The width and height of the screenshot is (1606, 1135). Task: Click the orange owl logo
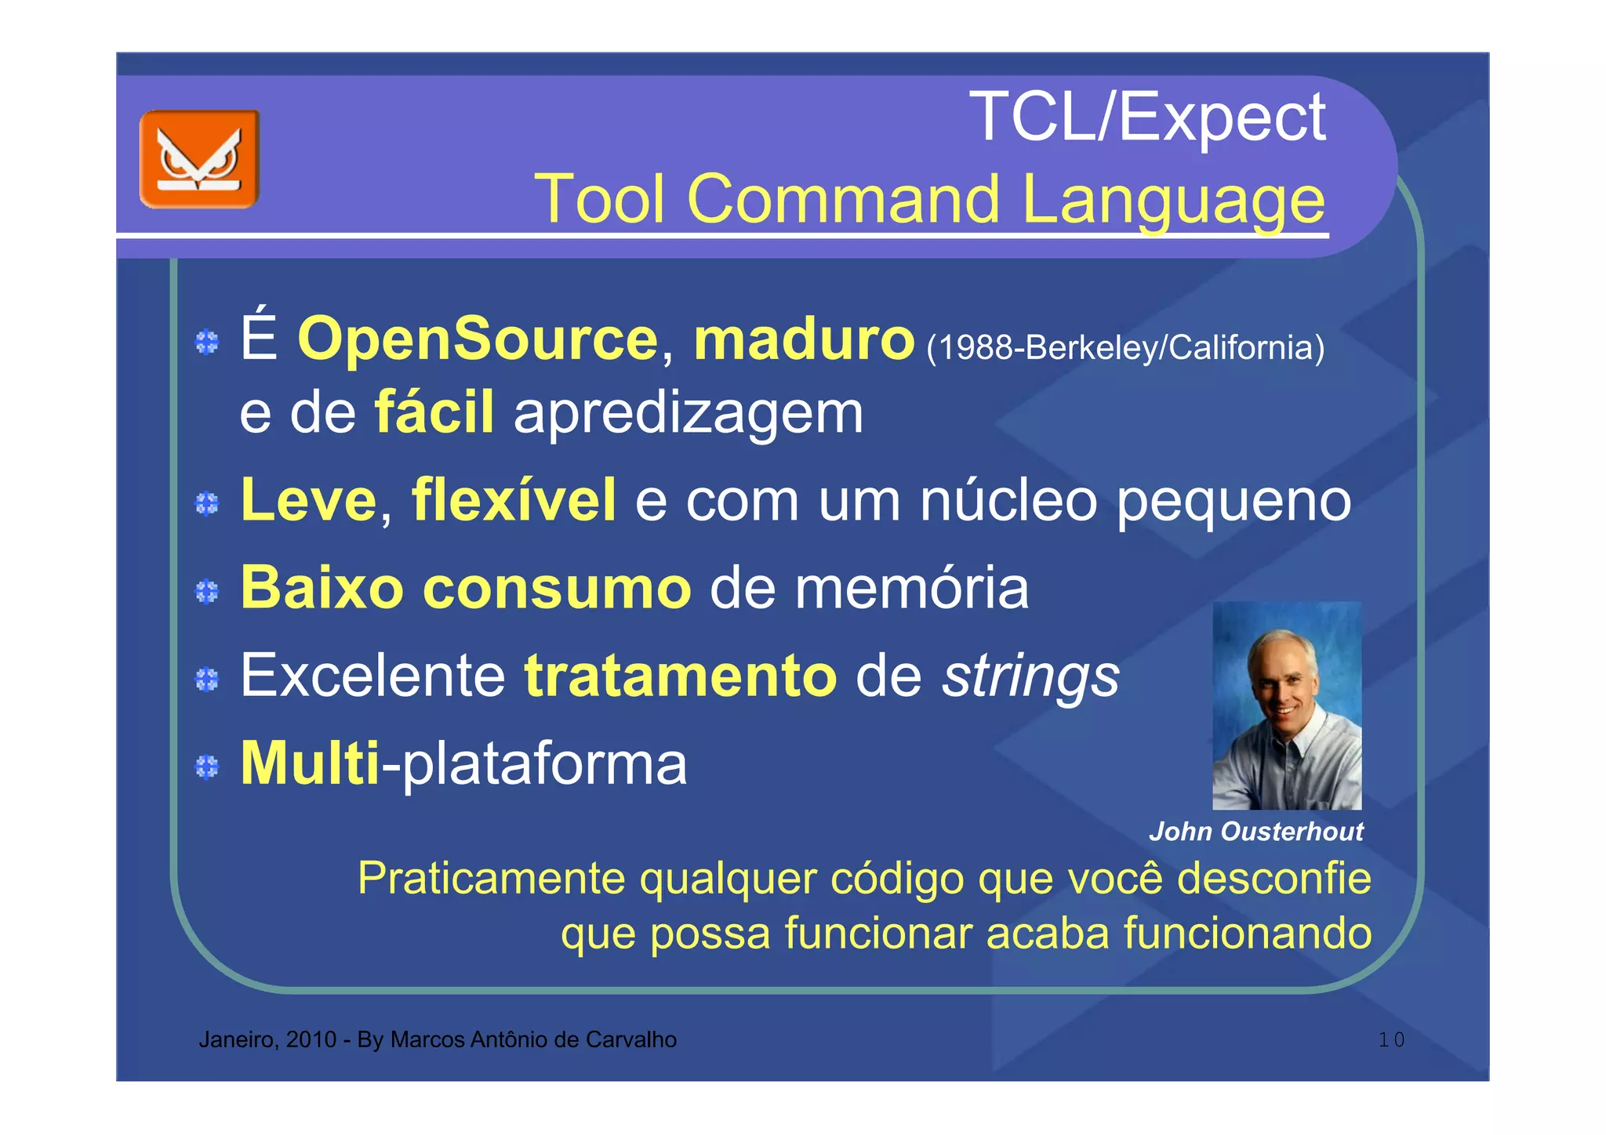click(199, 159)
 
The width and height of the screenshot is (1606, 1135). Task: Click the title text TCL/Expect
click(1147, 118)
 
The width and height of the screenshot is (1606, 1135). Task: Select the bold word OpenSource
click(478, 339)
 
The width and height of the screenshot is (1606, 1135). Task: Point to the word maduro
click(804, 339)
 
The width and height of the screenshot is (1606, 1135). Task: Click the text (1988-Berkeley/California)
click(1125, 347)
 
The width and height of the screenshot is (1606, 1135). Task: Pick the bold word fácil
click(434, 412)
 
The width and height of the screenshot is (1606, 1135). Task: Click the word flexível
click(514, 499)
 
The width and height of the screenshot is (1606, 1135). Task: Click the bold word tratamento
click(680, 676)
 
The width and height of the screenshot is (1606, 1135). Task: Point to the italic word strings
click(1030, 676)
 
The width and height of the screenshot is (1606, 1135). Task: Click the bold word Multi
click(310, 763)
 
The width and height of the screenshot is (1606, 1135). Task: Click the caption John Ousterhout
click(1255, 832)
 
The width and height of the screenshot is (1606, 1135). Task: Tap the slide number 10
click(1391, 1040)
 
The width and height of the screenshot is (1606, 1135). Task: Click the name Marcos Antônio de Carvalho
click(533, 1040)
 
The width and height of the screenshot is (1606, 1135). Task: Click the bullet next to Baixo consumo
click(207, 591)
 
